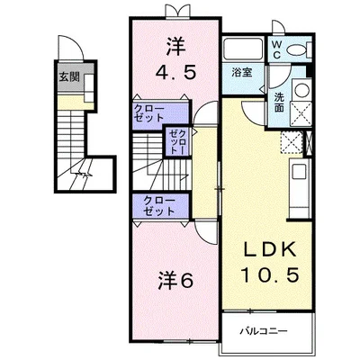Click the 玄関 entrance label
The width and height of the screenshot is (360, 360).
coord(69,77)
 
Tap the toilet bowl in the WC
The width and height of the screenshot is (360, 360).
coord(296,49)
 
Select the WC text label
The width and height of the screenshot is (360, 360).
coord(276,49)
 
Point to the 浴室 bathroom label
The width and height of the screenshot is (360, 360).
coord(242,73)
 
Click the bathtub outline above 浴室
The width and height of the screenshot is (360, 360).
coord(244,49)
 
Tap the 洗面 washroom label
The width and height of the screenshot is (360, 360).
coord(279,103)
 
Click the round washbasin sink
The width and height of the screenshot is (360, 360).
coord(302,89)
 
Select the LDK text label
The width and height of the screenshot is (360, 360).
coord(270,248)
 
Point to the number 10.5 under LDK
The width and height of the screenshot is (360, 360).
coord(270,274)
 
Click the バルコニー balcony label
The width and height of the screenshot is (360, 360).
coord(264,331)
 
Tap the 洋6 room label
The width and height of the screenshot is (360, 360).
coord(175,281)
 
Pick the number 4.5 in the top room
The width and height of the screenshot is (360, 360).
coord(175,72)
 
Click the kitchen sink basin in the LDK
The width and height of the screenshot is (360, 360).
coord(300,172)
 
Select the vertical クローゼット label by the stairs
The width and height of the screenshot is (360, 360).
coord(178,141)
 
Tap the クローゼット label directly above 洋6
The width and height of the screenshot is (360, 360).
coord(159,206)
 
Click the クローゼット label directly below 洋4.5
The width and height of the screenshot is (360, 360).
coord(149,112)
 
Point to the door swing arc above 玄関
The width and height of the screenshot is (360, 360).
coord(74,42)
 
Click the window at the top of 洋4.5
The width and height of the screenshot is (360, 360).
coord(178,12)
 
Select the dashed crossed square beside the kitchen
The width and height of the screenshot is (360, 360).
coord(291,142)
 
